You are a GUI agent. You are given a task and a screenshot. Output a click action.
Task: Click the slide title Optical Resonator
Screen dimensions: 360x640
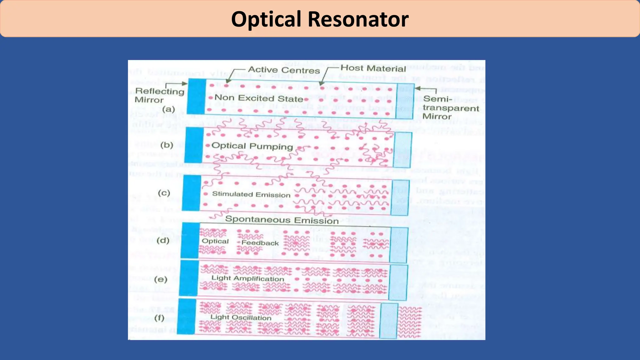point(320,19)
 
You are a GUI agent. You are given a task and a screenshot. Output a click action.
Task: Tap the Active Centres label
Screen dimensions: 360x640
point(284,70)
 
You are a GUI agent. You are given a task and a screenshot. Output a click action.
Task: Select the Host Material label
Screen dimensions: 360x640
point(373,68)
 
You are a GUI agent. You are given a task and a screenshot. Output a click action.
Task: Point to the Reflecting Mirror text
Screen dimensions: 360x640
point(159,95)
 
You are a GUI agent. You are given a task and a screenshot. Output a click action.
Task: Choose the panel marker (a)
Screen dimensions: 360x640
point(168,109)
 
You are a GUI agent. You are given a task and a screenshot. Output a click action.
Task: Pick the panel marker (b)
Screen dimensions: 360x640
point(167,145)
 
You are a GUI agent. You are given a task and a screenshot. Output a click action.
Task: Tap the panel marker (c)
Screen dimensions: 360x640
point(164,193)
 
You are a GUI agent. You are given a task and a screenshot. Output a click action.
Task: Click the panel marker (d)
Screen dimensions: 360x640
point(163,240)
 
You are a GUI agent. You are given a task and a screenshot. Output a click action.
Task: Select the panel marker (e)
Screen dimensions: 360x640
point(160,279)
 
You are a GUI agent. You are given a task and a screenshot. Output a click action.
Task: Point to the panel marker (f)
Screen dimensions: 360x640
point(159,318)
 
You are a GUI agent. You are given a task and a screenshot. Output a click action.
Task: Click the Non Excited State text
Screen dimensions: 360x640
point(259,98)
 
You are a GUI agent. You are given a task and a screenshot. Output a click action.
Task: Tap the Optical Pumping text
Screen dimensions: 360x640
point(252,146)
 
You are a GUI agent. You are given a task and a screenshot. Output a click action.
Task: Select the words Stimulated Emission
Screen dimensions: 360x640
point(251,194)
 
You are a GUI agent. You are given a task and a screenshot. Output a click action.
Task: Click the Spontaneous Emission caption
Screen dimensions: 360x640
point(282,220)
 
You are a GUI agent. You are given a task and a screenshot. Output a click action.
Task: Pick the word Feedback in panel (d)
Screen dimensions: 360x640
point(260,243)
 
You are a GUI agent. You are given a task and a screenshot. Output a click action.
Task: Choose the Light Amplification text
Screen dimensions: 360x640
point(247,278)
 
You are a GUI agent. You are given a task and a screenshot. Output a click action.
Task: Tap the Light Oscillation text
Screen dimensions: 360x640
point(241,317)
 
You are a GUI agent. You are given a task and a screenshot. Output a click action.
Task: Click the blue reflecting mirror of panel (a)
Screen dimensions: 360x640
point(197,96)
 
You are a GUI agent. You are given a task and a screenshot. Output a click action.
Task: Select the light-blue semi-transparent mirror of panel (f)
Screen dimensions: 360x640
point(388,321)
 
